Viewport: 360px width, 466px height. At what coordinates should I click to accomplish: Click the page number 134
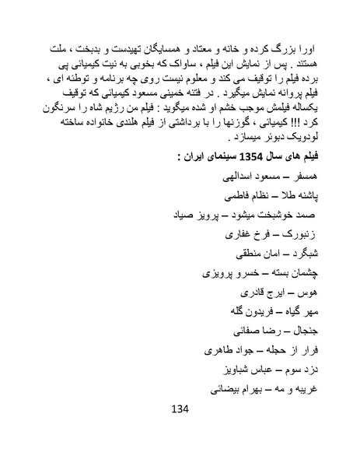click(179, 430)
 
